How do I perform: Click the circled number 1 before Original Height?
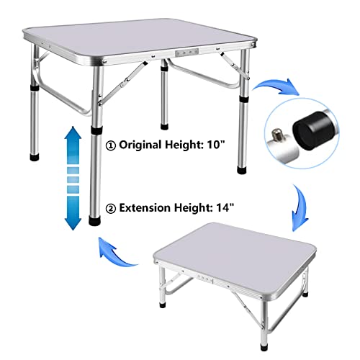pyautogui.click(x=111, y=145)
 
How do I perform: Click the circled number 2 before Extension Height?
pyautogui.click(x=111, y=209)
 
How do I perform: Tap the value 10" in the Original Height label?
pyautogui.click(x=216, y=144)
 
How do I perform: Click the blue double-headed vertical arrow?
pyautogui.click(x=73, y=178)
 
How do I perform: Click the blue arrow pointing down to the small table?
pyautogui.click(x=300, y=207)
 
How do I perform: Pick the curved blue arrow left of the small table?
pyautogui.click(x=115, y=253)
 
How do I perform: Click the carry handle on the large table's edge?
pyautogui.click(x=187, y=53)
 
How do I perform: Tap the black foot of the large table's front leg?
pyautogui.click(x=95, y=220)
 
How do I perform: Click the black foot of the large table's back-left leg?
pyautogui.click(x=35, y=157)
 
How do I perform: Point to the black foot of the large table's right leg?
pyautogui.click(x=242, y=170)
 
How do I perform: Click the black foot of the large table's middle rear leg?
pyautogui.click(x=164, y=126)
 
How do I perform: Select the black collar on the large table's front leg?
pyautogui.click(x=96, y=131)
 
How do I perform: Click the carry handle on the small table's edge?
pyautogui.click(x=205, y=279)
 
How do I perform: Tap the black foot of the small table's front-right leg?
pyautogui.click(x=264, y=347)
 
